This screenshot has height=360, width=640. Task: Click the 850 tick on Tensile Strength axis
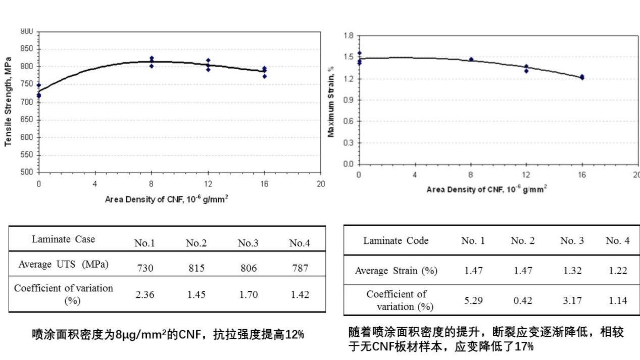click(28, 49)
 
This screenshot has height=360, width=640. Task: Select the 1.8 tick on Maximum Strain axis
click(348, 36)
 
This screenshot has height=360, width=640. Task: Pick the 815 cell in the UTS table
click(196, 268)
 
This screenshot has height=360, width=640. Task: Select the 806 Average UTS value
click(248, 268)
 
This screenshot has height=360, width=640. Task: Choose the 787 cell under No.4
click(300, 268)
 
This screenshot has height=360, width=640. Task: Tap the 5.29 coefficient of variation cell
click(473, 300)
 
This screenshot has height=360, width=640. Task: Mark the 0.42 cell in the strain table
click(523, 300)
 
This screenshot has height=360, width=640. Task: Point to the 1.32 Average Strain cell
click(572, 271)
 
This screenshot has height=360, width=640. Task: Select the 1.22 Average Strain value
click(618, 271)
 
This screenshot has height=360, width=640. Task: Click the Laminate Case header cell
click(63, 239)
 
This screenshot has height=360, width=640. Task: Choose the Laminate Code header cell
click(396, 241)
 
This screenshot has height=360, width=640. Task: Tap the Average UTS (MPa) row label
click(63, 264)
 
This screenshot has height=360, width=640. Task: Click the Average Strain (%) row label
click(396, 271)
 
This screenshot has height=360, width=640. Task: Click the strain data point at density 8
click(471, 59)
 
